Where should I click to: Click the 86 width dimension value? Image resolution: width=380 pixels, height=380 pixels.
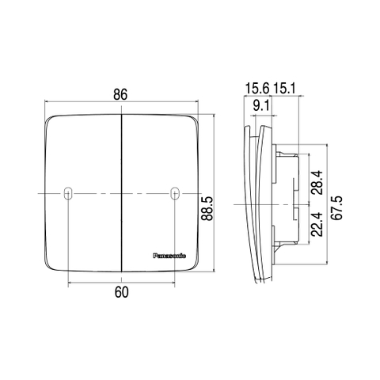click(x=120, y=93)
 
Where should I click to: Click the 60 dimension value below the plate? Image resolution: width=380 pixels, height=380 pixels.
click(x=121, y=293)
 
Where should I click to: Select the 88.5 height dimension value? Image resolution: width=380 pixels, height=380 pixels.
click(x=207, y=213)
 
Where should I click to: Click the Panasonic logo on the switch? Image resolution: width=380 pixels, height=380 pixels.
click(x=169, y=255)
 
